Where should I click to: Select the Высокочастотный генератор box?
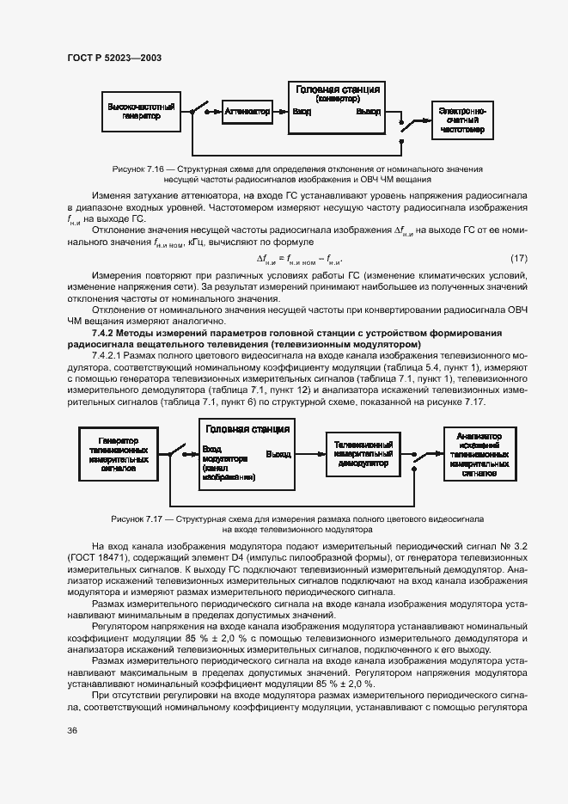pos(142,112)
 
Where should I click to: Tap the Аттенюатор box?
pos(246,111)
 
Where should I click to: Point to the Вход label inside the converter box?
pos(302,112)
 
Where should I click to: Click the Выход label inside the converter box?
pos(368,112)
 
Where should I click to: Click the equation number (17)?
pos(518,259)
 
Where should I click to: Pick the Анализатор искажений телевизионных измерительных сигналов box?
pos(479,454)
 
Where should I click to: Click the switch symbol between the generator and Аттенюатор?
pos(199,110)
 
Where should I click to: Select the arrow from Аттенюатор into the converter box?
pos(279,111)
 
